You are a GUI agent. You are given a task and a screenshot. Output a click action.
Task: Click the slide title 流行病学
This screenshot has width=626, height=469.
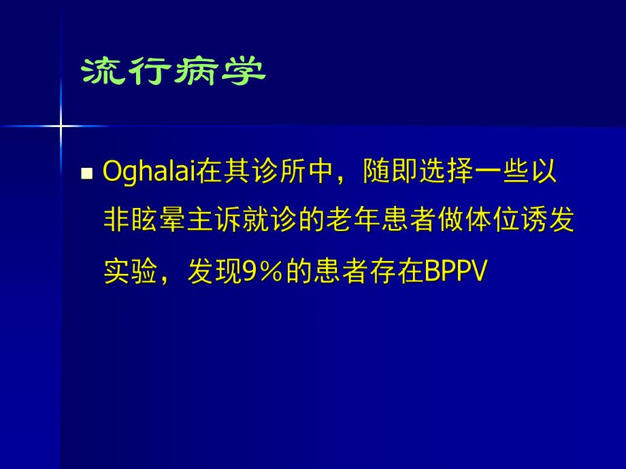(174, 72)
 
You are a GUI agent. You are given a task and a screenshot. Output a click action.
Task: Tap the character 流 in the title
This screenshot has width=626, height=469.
(104, 72)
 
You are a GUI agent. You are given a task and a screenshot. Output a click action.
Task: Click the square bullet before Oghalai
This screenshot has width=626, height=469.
(86, 174)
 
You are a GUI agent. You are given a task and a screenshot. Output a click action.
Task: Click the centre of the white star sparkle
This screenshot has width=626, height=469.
(60, 126)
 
